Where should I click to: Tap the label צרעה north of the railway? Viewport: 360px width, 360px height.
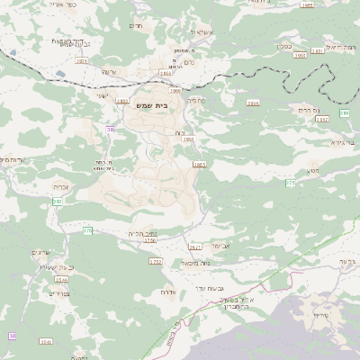[x=109, y=71]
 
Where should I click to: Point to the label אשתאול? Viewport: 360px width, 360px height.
[x=200, y=32]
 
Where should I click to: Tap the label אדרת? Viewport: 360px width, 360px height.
[x=168, y=292]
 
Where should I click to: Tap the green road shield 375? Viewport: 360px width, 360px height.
[x=291, y=183]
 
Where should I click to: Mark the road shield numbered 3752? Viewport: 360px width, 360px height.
[x=156, y=262]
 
